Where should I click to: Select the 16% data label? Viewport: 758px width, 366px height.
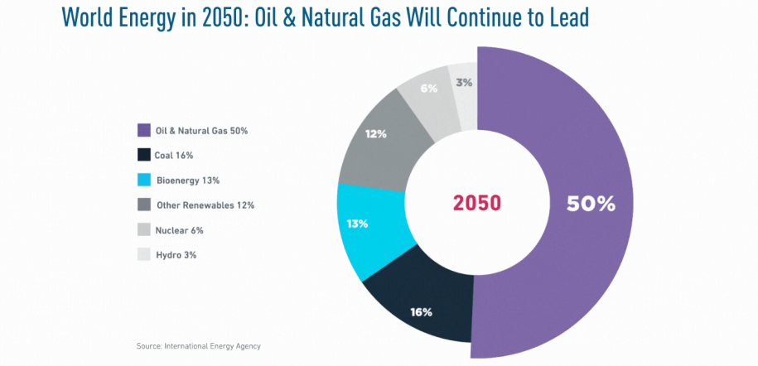click(421, 312)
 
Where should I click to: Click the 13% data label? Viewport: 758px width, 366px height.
click(358, 224)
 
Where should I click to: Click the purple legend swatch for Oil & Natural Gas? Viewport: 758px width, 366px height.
click(143, 130)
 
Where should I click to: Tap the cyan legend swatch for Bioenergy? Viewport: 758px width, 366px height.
click(143, 180)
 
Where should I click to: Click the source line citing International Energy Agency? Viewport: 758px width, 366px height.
click(204, 345)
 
